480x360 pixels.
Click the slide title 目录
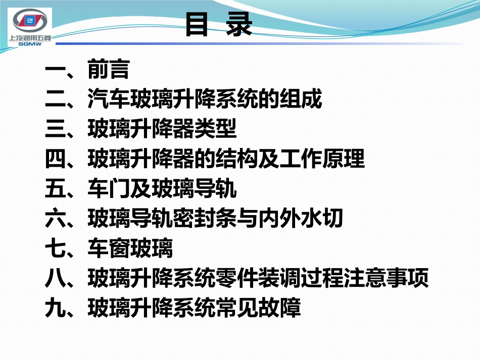(x=218, y=24)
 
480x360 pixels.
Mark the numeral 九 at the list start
(x=55, y=308)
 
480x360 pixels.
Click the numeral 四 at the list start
(x=55, y=160)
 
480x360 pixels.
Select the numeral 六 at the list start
(x=55, y=219)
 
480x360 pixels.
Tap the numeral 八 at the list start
(x=55, y=279)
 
